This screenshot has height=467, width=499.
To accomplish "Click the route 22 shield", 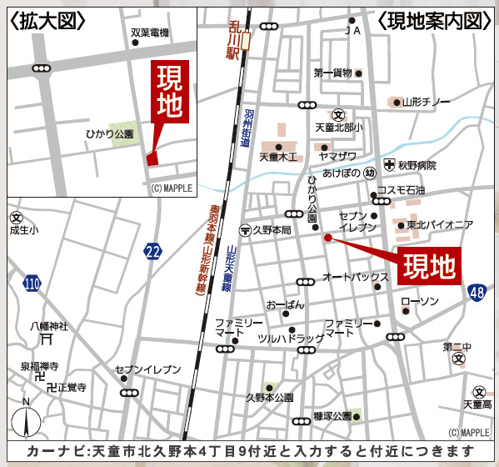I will point(152,252).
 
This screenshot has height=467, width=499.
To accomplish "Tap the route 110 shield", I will point(32,284).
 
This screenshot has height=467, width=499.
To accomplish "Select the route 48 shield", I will point(476,292).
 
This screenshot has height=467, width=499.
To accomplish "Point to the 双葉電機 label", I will point(150,33).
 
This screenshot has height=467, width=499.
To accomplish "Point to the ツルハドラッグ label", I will point(291,339).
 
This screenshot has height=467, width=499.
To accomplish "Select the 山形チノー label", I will point(426,102).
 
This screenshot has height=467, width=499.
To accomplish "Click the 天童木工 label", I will point(278,156).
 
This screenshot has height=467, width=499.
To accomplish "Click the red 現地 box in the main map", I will point(430,266).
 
